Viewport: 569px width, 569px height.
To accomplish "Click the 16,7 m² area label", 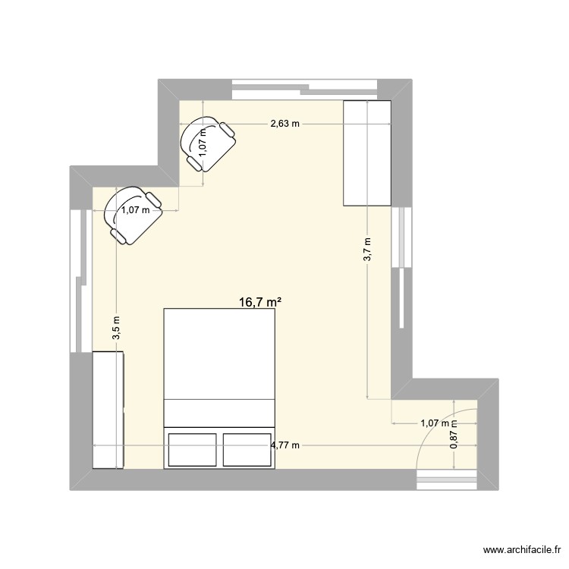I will [x=260, y=302].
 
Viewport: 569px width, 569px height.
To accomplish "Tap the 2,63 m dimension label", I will [x=285, y=124].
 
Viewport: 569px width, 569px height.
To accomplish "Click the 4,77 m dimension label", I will [x=284, y=445].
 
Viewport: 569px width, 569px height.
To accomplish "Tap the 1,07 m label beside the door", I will [x=435, y=424].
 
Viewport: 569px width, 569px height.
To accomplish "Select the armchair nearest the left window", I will [x=133, y=215].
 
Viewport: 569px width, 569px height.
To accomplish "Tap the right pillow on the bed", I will [x=246, y=448].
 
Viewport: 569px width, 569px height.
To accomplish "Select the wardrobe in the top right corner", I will [x=367, y=153].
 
